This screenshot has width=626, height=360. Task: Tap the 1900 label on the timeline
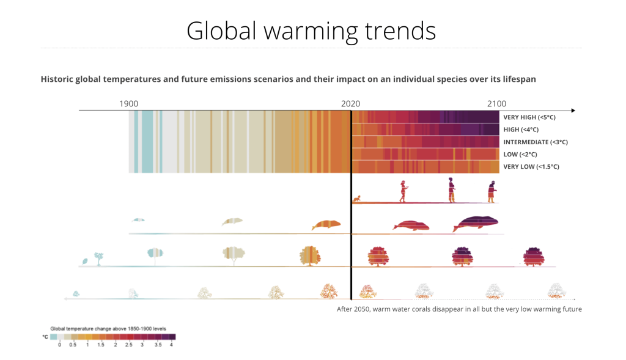click(x=128, y=103)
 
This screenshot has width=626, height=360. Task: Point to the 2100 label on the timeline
click(x=496, y=103)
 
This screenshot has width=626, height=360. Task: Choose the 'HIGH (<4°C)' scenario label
click(x=521, y=129)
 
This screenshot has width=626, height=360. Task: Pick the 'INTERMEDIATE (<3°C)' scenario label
click(x=536, y=142)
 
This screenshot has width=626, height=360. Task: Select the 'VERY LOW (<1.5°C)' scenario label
click(x=531, y=166)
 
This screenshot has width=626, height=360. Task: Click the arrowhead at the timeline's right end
click(x=573, y=110)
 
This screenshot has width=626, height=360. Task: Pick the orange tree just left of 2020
click(x=310, y=255)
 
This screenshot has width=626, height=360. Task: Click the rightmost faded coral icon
click(x=555, y=290)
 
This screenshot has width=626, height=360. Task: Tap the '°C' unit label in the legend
click(x=45, y=337)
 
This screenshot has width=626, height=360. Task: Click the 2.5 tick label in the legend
click(x=128, y=345)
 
